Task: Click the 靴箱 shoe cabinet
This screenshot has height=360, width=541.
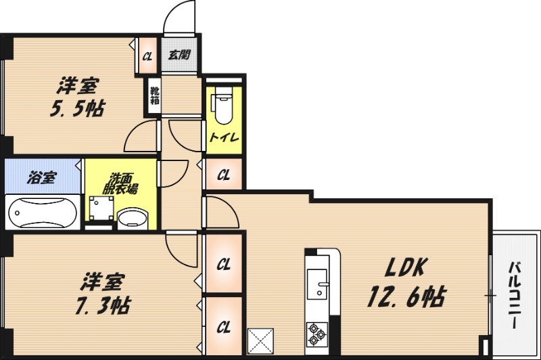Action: point(154,95)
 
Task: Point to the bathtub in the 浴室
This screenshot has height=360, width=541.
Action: point(41,212)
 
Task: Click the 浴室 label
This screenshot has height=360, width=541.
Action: point(42,179)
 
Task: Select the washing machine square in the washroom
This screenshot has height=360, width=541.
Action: point(101,210)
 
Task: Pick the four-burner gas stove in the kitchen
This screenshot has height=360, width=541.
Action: point(316,332)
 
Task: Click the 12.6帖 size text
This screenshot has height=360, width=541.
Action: point(406,296)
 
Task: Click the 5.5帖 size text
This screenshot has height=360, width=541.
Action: point(76,108)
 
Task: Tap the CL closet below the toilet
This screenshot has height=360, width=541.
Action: point(224,176)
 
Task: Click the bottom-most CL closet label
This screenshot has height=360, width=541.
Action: point(224,327)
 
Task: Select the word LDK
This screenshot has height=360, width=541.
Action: point(405,268)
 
